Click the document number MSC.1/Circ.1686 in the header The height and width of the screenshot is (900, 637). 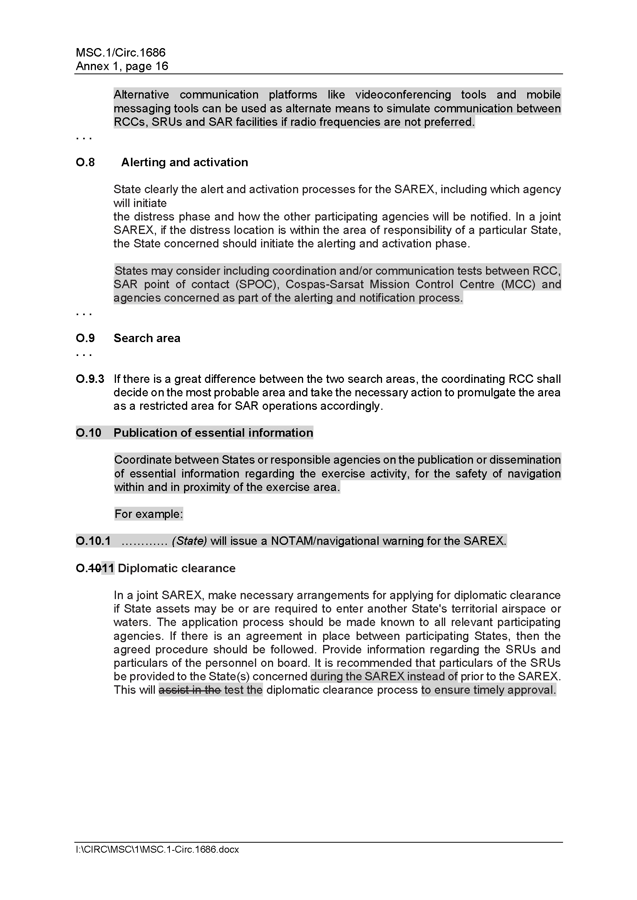point(121,53)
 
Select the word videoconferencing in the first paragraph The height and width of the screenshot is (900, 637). point(403,95)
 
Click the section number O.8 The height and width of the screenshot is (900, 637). point(85,162)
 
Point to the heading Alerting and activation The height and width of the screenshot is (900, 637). point(184,162)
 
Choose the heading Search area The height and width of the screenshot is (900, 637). point(147,338)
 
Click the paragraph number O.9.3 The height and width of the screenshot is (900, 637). point(90,379)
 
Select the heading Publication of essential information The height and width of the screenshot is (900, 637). point(213,433)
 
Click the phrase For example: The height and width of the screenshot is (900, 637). point(149,514)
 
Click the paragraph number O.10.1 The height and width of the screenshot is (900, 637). point(93,541)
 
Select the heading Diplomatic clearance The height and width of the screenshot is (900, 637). point(176,568)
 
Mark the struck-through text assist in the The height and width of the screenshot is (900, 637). point(190,690)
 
